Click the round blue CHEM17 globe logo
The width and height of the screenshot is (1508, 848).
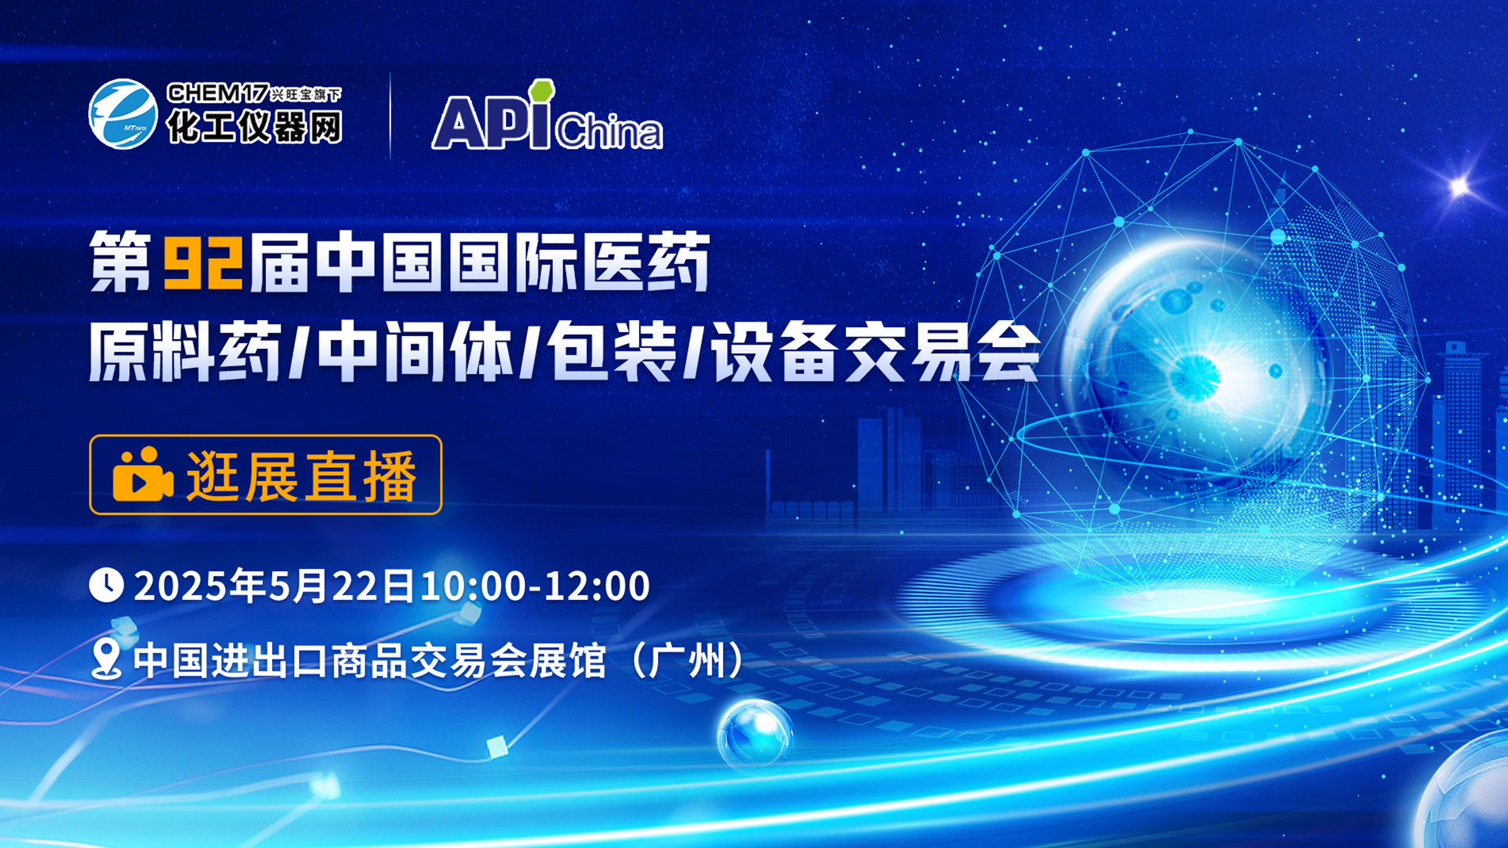[x=123, y=113]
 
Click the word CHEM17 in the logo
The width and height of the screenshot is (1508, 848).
[x=217, y=93]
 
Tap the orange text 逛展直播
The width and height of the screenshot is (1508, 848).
[x=301, y=475]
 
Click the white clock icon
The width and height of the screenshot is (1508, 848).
[x=106, y=587]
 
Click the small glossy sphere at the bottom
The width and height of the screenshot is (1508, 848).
[x=756, y=735]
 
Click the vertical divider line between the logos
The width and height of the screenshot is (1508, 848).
[x=390, y=115]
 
